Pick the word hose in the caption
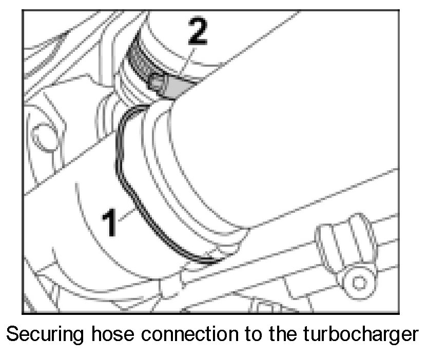click(112, 336)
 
